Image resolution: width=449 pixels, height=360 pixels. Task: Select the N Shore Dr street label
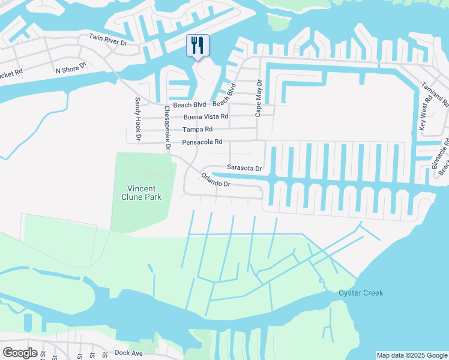point(71,70)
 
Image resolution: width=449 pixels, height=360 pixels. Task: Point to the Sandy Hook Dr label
point(137,119)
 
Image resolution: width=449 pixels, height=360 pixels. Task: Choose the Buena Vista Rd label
point(206,116)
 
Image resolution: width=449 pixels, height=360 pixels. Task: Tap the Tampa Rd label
point(198,129)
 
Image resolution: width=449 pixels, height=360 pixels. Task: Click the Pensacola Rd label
point(202,142)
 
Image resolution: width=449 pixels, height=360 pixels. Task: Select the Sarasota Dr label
point(245,169)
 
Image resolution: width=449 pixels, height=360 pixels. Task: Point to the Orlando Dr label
point(216,180)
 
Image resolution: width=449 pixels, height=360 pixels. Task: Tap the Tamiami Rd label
point(436,94)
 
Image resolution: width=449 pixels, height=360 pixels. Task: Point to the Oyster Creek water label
point(360,293)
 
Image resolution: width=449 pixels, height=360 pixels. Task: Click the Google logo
point(20,353)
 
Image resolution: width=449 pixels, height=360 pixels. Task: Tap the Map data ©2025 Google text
point(412,355)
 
